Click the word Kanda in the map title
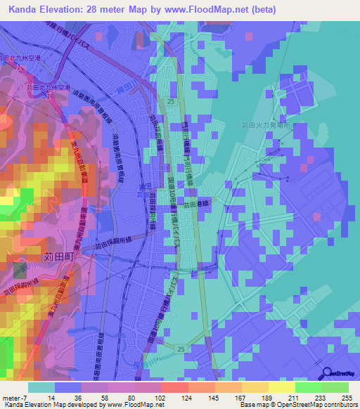pyautogui.click(x=26, y=10)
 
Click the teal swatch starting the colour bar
pyautogui.click(x=41, y=387)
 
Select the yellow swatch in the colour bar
pyautogui.click(x=281, y=387)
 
